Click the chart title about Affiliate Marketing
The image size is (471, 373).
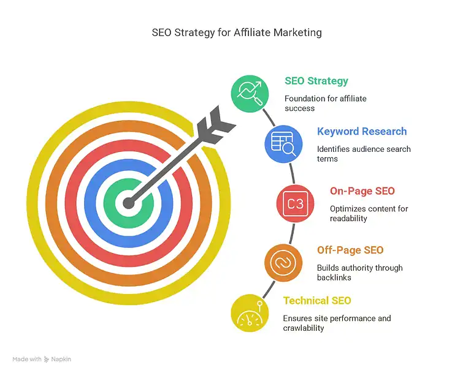click(237, 32)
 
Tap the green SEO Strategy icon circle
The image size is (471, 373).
click(250, 93)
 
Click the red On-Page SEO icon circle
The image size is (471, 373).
click(295, 203)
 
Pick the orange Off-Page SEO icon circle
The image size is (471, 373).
click(283, 263)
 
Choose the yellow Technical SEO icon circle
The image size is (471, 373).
click(250, 313)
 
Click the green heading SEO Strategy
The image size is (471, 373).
click(316, 81)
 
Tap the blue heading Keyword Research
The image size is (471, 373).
click(361, 131)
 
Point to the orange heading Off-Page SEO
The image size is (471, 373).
click(350, 250)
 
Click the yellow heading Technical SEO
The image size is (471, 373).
click(317, 301)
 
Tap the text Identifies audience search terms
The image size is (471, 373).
click(363, 154)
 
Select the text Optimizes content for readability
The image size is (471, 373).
click(369, 213)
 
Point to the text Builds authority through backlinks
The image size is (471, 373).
click(359, 273)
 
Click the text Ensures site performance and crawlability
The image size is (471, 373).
click(336, 323)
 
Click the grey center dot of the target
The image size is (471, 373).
click(128, 203)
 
